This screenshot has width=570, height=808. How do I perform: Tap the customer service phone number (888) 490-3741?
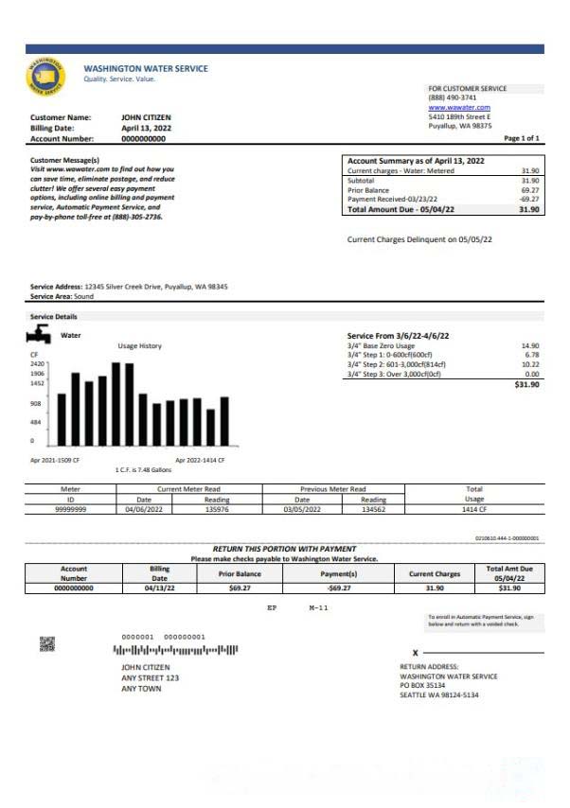pyautogui.click(x=453, y=97)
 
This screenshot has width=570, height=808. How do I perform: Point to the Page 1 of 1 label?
pyautogui.click(x=522, y=138)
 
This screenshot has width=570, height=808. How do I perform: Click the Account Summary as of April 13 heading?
pyautogui.click(x=416, y=161)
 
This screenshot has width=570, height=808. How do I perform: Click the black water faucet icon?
pyautogui.click(x=40, y=335)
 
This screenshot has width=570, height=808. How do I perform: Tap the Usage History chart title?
pyautogui.click(x=139, y=346)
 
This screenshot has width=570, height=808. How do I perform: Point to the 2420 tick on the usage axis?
pyautogui.click(x=38, y=363)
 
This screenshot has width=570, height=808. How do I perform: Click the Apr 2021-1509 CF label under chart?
pyautogui.click(x=55, y=460)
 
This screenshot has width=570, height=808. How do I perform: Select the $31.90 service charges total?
pyautogui.click(x=526, y=385)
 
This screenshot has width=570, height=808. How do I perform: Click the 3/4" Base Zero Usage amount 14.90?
pyautogui.click(x=530, y=346)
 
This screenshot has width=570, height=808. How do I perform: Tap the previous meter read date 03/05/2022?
pyautogui.click(x=302, y=509)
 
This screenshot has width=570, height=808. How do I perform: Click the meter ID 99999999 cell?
pyautogui.click(x=70, y=509)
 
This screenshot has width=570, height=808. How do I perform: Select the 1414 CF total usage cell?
pyautogui.click(x=474, y=509)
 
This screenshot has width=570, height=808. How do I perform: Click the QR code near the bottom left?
pyautogui.click(x=47, y=644)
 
